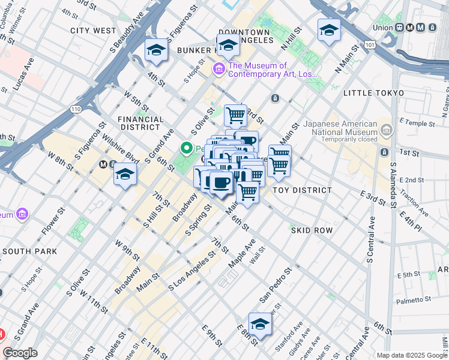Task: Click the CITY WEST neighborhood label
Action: [x=93, y=30]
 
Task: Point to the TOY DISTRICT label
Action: [x=302, y=190]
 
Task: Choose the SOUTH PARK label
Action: [x=29, y=251]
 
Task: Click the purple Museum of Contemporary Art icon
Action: [x=218, y=70]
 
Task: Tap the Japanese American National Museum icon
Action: [x=385, y=130]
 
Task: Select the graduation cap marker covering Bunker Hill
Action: [x=228, y=46]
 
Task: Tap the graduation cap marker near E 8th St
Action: [x=260, y=324]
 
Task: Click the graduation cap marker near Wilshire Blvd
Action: [x=125, y=175]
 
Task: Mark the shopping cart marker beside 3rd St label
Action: [x=235, y=114]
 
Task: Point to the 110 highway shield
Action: [x=75, y=109]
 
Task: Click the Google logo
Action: [x=20, y=353]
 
